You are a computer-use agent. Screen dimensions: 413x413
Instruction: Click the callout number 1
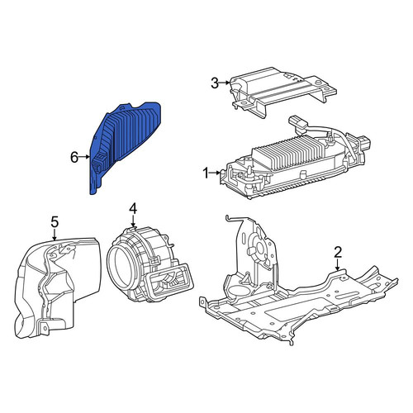point(206,173)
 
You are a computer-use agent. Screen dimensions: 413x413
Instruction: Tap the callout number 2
point(338,252)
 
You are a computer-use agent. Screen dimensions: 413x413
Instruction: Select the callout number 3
point(215,83)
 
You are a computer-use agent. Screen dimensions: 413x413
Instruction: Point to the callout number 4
point(133,209)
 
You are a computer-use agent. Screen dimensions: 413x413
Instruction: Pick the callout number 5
point(55,222)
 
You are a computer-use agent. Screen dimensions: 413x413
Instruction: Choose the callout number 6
point(74,157)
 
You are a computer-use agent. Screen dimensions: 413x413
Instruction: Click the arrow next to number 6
point(84,157)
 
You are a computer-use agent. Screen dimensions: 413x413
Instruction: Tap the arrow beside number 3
point(225,83)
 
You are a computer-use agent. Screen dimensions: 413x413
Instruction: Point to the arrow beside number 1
point(216,173)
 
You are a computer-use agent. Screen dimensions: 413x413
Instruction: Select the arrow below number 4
point(133,221)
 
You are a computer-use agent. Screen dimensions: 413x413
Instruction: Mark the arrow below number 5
point(55,234)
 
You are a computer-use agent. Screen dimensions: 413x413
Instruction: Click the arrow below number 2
point(338,264)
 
